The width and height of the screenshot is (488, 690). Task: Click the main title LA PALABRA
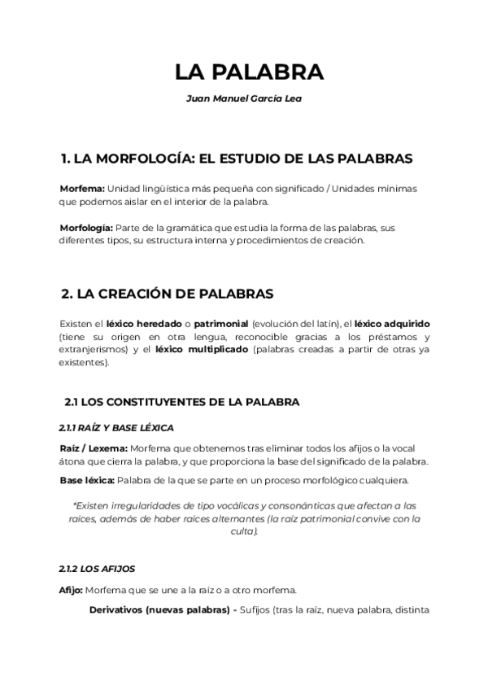click(x=249, y=72)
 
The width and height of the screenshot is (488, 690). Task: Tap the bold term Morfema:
click(x=82, y=188)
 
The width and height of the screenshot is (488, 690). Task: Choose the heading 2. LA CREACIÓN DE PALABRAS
click(x=168, y=293)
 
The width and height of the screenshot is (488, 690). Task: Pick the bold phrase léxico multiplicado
click(x=201, y=350)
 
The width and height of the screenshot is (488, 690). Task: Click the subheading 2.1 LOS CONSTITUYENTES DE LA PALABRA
click(x=182, y=401)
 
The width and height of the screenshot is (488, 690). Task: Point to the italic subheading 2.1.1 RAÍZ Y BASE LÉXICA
click(x=116, y=428)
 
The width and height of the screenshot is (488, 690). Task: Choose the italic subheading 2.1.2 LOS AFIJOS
click(x=97, y=568)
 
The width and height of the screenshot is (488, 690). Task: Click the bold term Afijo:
click(x=72, y=590)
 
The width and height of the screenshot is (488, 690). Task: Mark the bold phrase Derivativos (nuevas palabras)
click(x=159, y=610)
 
